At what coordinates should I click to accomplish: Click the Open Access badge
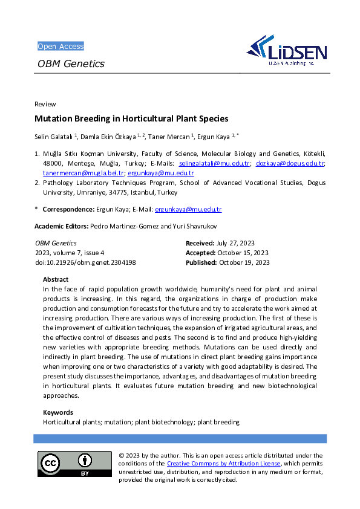coord(61,47)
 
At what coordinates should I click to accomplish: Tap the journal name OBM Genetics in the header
coord(71,63)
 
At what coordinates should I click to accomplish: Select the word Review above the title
coord(45,104)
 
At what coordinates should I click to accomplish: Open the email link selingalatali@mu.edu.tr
coord(214,164)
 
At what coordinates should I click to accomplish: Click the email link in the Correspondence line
coord(188,210)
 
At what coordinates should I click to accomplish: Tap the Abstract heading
coord(56,280)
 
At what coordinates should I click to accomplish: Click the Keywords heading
coord(58,413)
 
